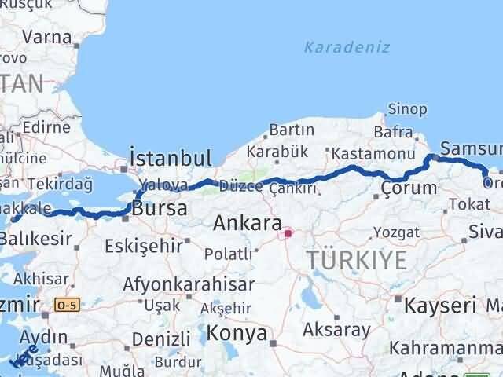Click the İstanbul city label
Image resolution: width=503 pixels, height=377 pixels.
tap(171, 156)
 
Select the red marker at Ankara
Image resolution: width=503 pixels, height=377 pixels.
tap(288, 233)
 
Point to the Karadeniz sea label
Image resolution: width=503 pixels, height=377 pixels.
tap(347, 47)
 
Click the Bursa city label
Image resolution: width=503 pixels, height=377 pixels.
tap(160, 209)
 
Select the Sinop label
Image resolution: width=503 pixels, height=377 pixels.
tap(408, 109)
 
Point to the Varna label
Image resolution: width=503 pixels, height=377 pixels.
tap(47, 36)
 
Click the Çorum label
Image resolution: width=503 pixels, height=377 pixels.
tap(409, 188)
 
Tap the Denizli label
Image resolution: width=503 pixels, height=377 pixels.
tap(161, 339)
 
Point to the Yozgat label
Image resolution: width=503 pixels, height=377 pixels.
tap(391, 232)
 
